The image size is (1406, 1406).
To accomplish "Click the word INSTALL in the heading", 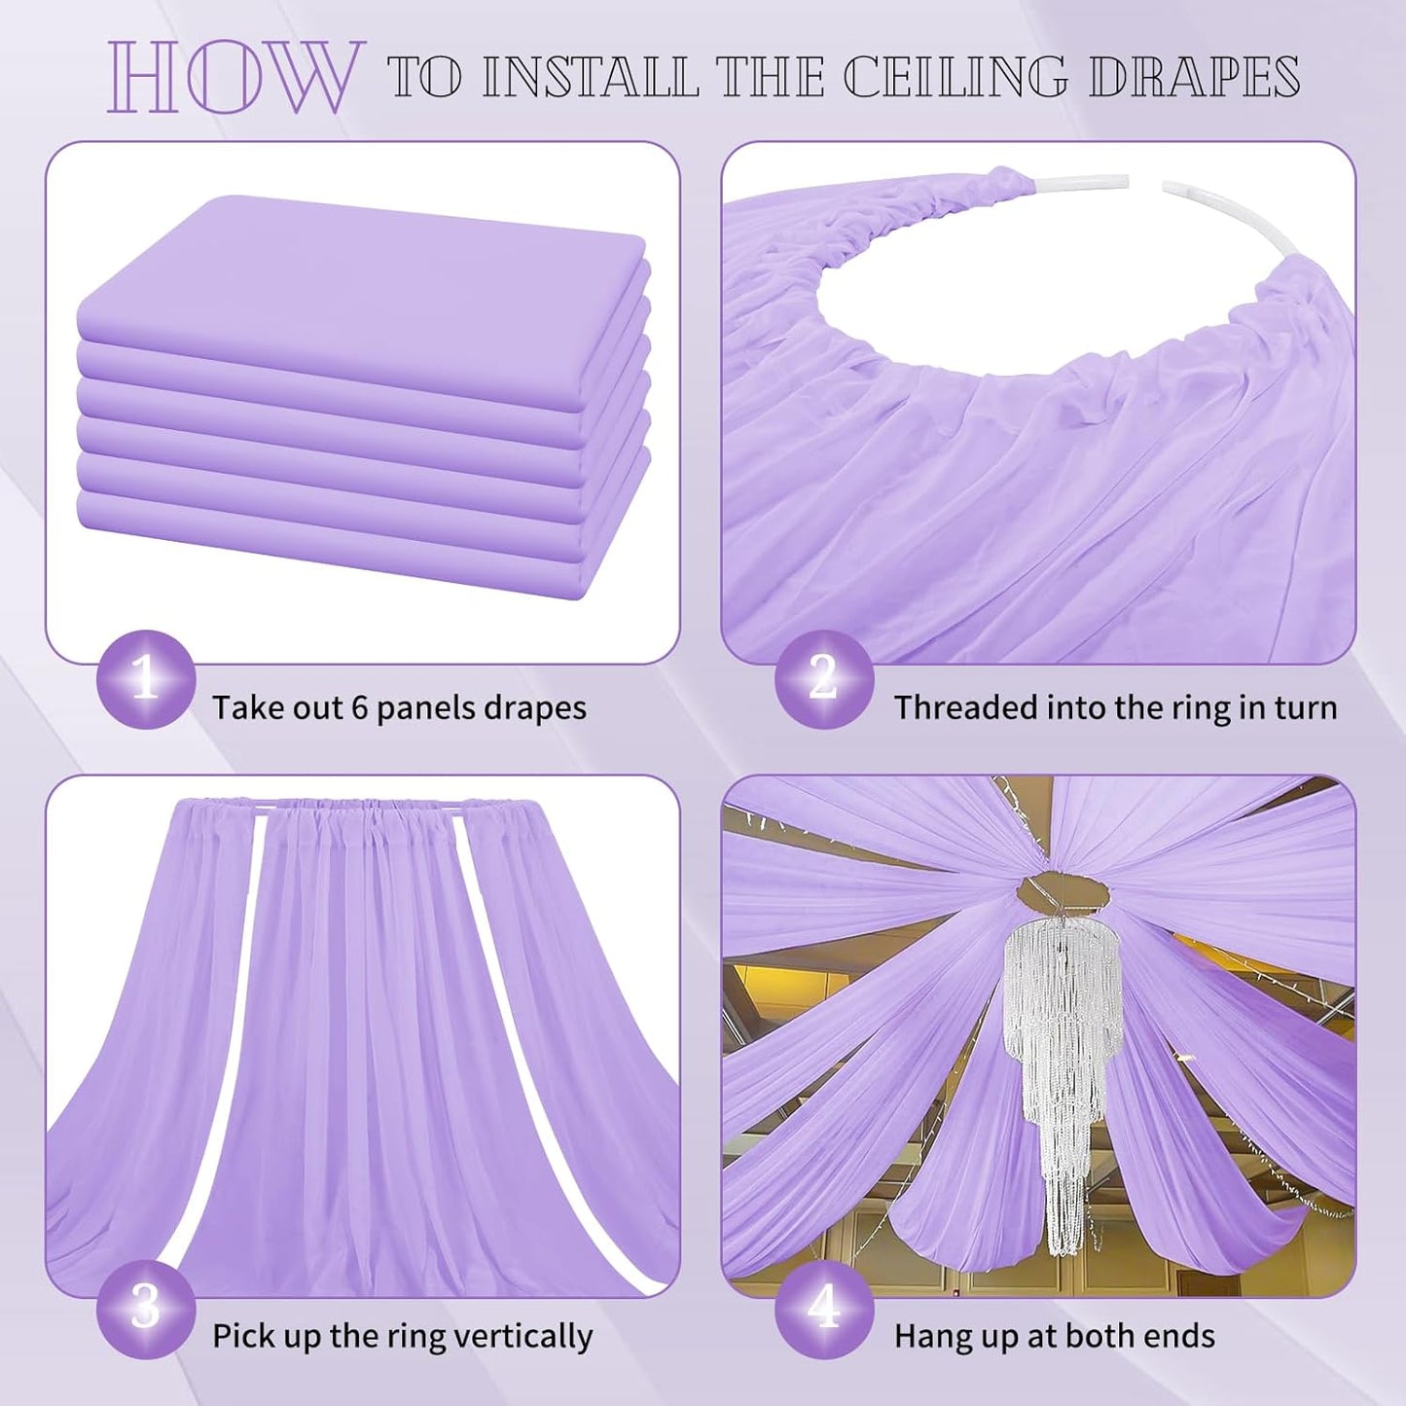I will coord(591,76).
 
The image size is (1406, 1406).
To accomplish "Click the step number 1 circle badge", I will coord(146,679).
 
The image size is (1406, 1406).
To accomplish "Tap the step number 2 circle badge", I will coord(823,679).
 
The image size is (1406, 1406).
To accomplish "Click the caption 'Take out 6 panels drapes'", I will coord(399,707).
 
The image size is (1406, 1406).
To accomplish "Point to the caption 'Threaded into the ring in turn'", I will coord(1115,707).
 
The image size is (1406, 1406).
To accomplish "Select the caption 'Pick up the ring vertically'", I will coord(402,1336).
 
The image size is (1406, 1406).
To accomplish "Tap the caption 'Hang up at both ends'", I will coord(1054,1336).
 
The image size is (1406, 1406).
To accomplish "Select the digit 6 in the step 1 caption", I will coord(359,707).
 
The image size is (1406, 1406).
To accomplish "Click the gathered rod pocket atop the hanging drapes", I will coord(360,811).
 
